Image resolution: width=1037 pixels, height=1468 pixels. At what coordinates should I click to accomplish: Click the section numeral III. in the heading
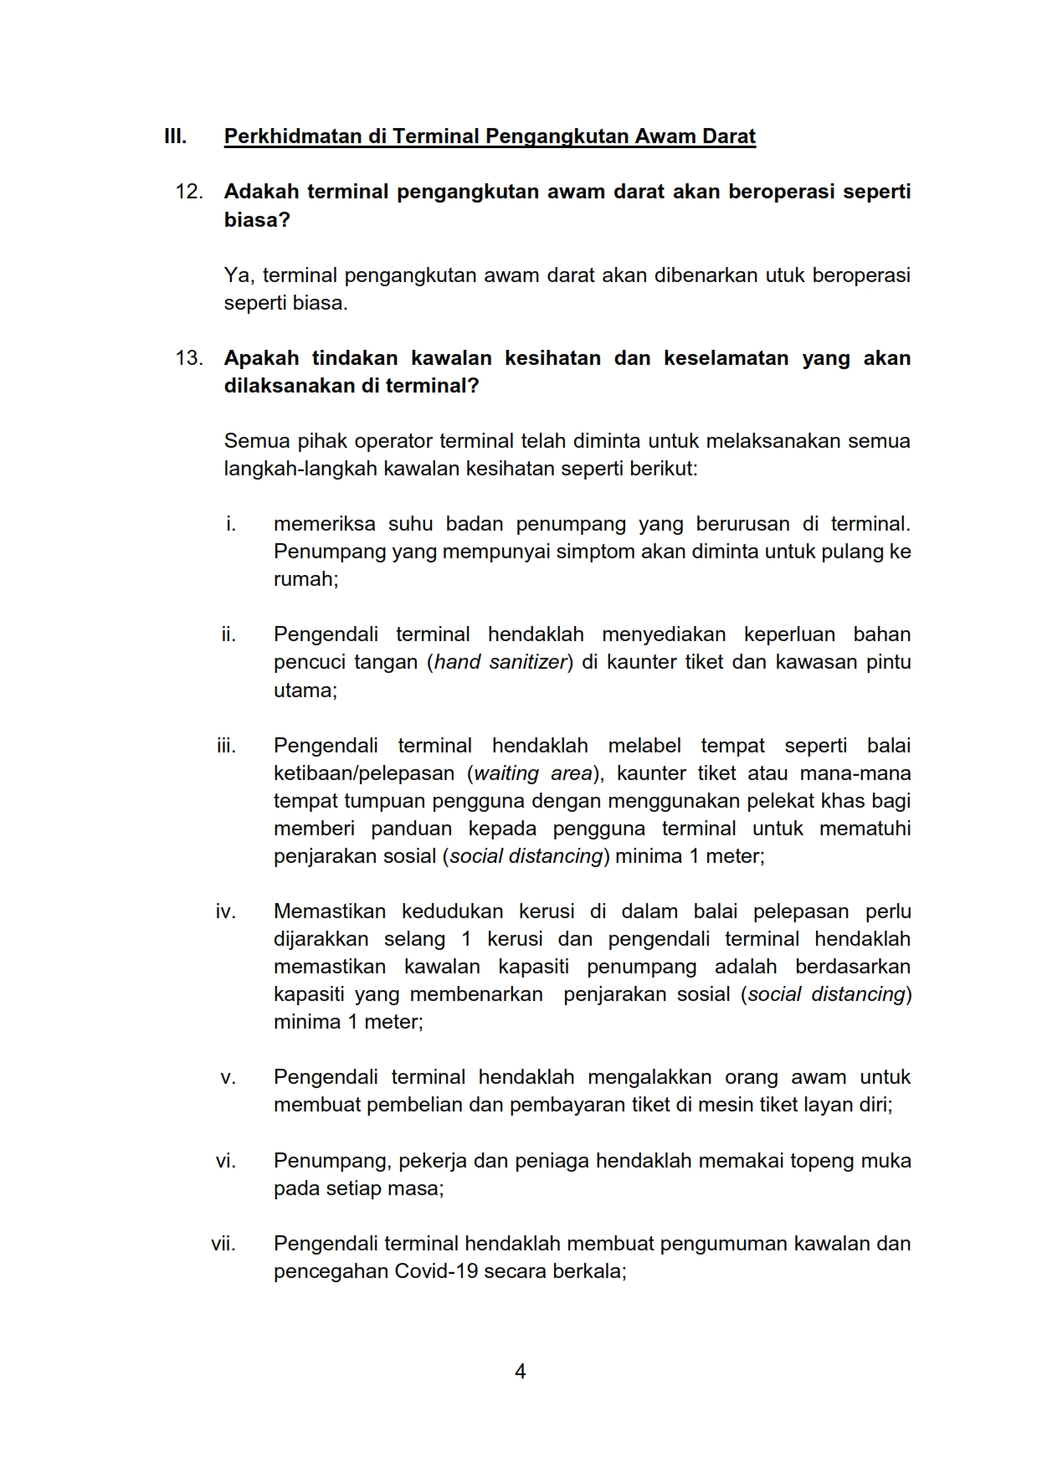(x=175, y=136)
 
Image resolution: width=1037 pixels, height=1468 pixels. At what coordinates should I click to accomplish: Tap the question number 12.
(x=189, y=192)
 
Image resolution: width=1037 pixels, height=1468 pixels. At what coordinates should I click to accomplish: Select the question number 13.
(x=189, y=358)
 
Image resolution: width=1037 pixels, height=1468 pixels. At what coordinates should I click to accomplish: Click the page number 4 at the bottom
(x=520, y=1371)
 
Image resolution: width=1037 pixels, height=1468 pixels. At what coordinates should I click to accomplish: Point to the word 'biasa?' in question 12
(x=257, y=220)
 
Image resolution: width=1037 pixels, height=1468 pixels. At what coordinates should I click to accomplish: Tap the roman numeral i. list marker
(x=230, y=525)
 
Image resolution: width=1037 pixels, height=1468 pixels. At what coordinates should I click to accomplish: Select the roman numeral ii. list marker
(x=228, y=634)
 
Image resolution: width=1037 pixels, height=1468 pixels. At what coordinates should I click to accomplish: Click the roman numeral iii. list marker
(x=226, y=746)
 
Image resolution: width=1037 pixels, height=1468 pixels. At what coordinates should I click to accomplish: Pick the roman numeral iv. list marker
(x=226, y=911)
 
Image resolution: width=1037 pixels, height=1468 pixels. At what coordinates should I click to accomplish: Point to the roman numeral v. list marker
(x=228, y=1078)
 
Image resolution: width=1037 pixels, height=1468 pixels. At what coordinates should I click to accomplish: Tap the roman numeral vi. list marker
(x=226, y=1161)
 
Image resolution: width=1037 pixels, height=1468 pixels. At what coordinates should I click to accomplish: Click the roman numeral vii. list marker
(x=223, y=1244)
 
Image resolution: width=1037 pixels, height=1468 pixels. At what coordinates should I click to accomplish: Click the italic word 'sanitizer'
(x=528, y=662)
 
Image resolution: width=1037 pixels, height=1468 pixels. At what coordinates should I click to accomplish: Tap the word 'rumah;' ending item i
(x=305, y=579)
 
